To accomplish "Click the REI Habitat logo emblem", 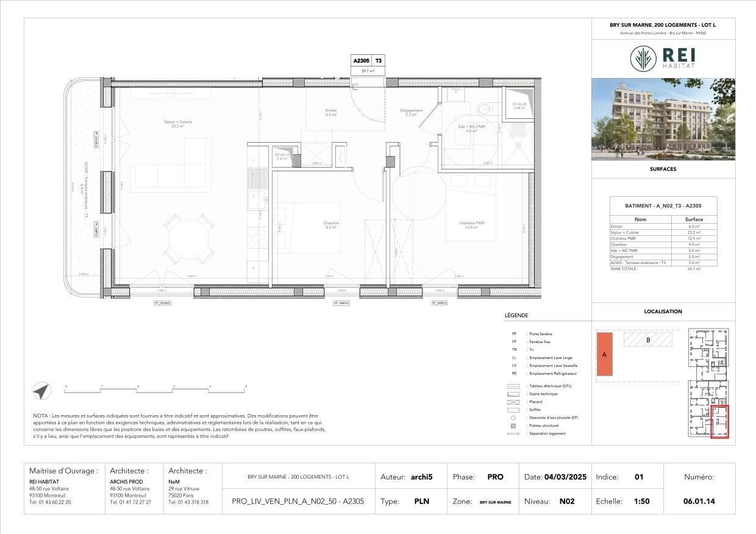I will [643, 59].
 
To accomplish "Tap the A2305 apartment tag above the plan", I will [361, 61].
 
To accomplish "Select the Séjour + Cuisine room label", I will [178, 124].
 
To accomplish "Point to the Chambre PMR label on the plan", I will [472, 225].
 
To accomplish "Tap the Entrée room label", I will [331, 112].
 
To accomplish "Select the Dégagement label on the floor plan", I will [411, 112].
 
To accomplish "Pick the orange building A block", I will [604, 354].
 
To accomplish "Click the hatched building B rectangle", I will [647, 340].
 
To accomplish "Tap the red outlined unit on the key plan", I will [720, 421].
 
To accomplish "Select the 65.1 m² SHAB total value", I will [693, 268].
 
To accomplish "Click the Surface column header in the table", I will [693, 219].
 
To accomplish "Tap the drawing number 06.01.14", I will [699, 501].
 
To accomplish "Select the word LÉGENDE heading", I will [516, 316].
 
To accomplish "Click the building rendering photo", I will [663, 119].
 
